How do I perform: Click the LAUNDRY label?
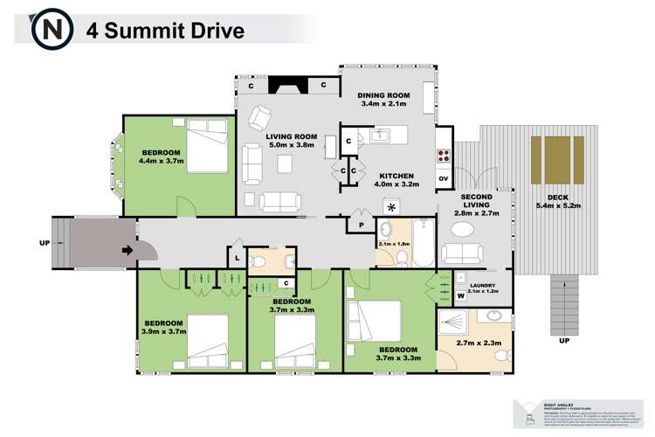(483, 286)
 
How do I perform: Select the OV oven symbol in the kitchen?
(443, 178)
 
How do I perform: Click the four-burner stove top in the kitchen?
(443, 158)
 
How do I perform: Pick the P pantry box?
(360, 225)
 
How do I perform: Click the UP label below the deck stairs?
(564, 340)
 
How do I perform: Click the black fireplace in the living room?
(283, 86)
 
